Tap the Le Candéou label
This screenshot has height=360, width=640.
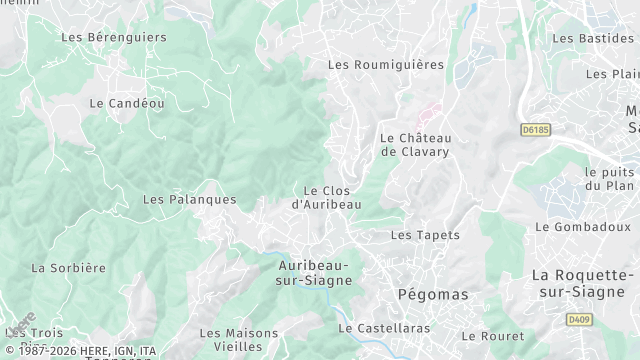(127, 103)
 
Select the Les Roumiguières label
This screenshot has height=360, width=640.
(385, 65)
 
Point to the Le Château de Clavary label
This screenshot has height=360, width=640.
(415, 145)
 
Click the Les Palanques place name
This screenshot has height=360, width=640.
(189, 200)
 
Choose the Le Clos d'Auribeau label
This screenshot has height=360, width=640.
(325, 197)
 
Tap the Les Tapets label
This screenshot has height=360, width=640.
(425, 235)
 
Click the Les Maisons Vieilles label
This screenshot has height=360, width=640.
(238, 340)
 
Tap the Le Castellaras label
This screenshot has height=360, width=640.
(384, 328)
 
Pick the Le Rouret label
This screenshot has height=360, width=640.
(492, 336)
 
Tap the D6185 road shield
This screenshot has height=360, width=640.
(537, 129)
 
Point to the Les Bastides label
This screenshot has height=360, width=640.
(592, 38)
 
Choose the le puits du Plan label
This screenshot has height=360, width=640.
(609, 178)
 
